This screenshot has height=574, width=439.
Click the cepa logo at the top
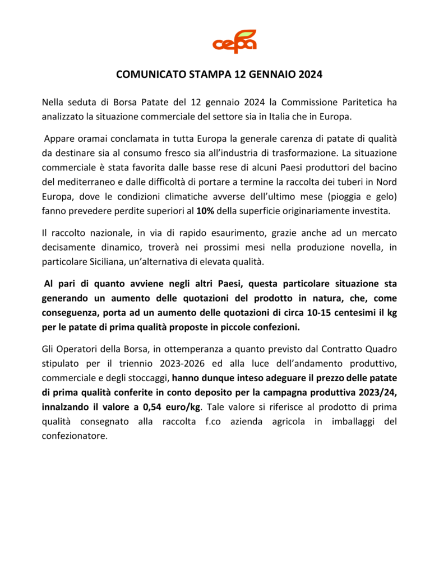click(x=234, y=42)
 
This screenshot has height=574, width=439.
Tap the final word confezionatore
click(x=75, y=436)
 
